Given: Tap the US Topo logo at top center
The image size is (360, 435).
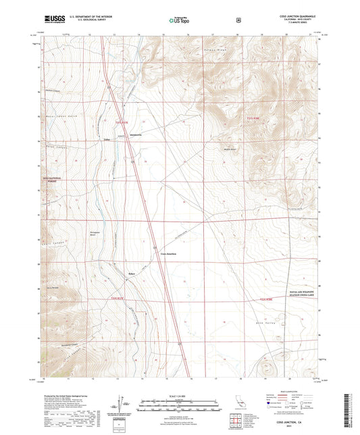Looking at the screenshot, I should click(x=179, y=21).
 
